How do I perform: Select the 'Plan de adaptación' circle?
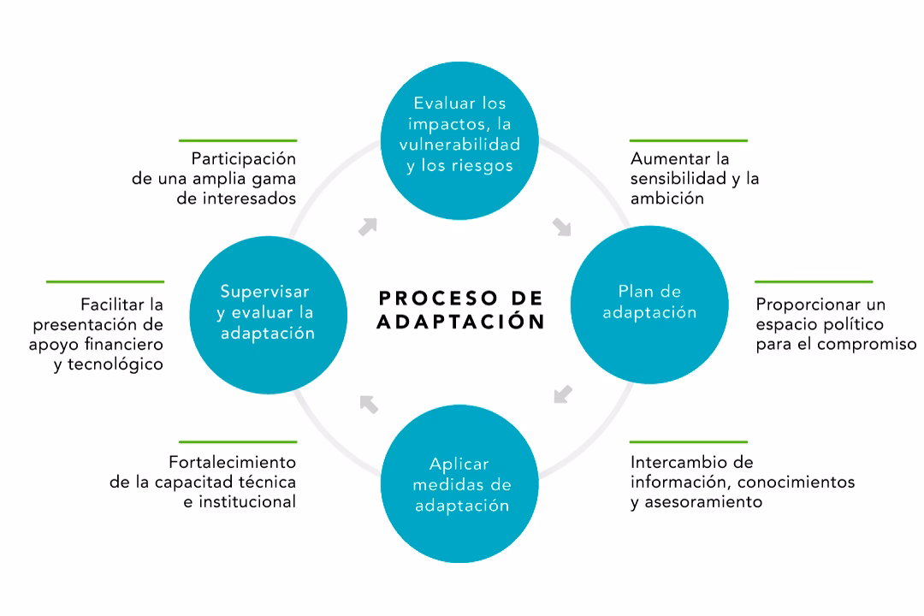[649, 302]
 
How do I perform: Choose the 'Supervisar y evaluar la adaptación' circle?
[266, 311]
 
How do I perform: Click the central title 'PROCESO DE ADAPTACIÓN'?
[461, 309]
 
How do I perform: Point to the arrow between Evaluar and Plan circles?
[561, 227]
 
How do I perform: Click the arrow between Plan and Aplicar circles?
[562, 394]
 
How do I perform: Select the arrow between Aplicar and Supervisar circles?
[369, 403]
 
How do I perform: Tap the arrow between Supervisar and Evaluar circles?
[368, 227]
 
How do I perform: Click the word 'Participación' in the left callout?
[243, 158]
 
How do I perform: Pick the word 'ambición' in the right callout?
[666, 198]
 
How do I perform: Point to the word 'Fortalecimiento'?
[232, 462]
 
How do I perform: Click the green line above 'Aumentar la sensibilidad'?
[688, 140]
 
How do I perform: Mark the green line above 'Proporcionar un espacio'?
[813, 281]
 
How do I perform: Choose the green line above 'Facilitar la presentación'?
[104, 281]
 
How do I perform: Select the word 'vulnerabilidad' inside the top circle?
[459, 144]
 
